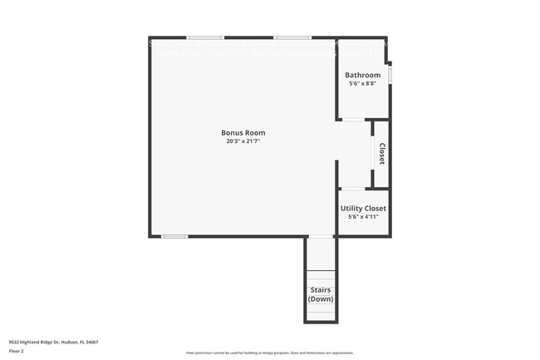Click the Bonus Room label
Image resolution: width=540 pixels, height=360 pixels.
(x=243, y=132)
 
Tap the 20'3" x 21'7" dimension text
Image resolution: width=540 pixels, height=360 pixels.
(x=243, y=141)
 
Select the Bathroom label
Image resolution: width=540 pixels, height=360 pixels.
(x=362, y=75)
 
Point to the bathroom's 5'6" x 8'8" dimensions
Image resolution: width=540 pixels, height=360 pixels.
(x=362, y=83)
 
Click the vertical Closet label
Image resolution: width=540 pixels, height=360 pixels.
(x=381, y=154)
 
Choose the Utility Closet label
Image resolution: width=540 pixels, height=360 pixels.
(x=363, y=208)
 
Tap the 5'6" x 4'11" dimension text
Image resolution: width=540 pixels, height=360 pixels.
(x=363, y=217)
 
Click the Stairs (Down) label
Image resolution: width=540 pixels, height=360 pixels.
(x=320, y=294)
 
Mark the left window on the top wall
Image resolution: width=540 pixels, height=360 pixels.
(x=204, y=37)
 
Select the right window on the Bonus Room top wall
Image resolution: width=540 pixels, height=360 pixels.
(x=292, y=37)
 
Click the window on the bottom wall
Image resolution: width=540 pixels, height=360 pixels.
(x=174, y=237)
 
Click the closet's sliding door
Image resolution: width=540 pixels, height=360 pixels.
(x=372, y=154)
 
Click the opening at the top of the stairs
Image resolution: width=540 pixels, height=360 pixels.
(x=320, y=238)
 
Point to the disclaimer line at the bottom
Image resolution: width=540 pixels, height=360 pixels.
(x=269, y=353)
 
